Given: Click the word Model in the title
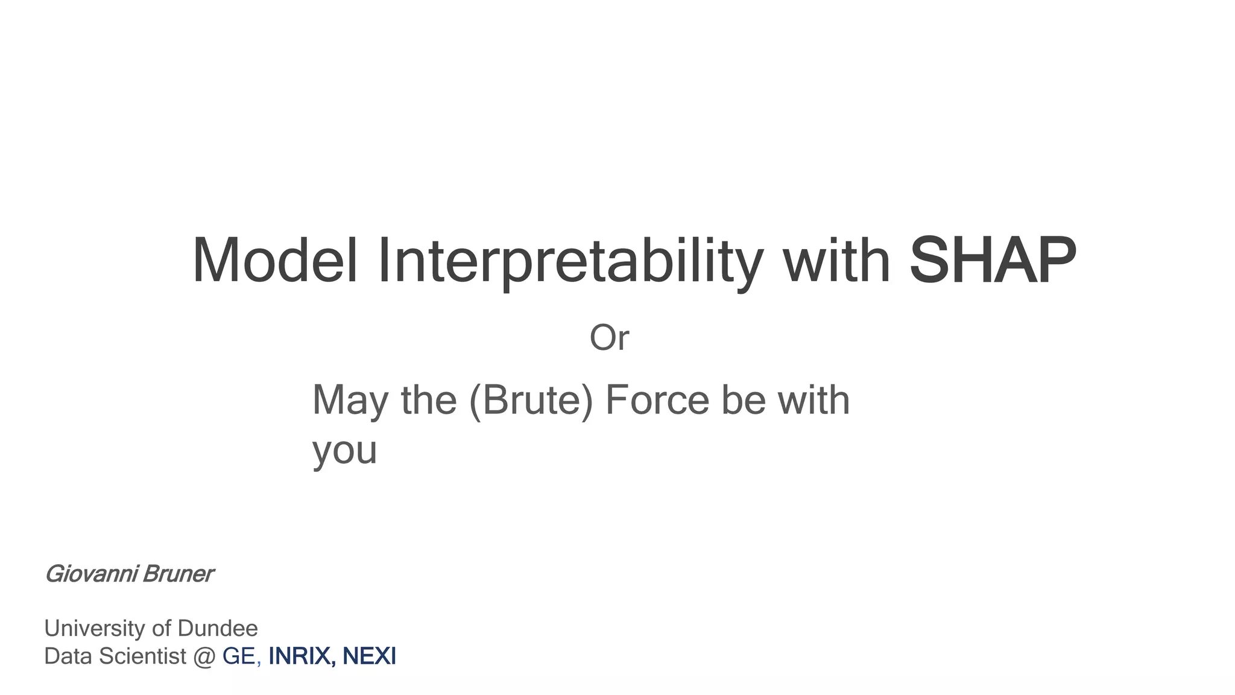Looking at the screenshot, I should tap(275, 261).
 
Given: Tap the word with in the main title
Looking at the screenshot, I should tap(836, 261).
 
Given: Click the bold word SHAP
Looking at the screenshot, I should tap(992, 261).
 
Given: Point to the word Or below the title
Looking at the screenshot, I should tap(609, 338).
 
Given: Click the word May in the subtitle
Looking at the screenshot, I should tap(350, 401).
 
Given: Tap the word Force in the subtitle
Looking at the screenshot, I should tap(657, 400).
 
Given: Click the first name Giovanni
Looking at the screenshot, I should tap(91, 574).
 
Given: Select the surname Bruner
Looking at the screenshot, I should tap(178, 574).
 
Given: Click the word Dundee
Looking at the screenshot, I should tap(218, 629).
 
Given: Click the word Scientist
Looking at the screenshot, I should tap(142, 656).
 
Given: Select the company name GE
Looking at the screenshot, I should tap(239, 656).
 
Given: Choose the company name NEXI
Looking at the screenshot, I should tap(369, 656).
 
